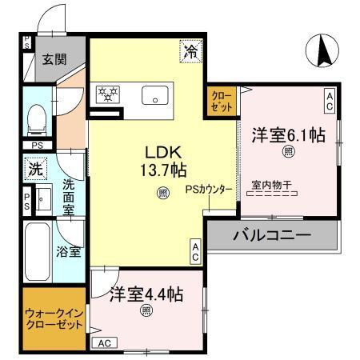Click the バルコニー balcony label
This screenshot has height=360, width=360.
pyautogui.click(x=271, y=236)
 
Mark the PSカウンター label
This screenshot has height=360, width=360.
pyautogui.click(x=209, y=190)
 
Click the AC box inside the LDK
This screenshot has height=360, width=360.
pyautogui.click(x=195, y=252)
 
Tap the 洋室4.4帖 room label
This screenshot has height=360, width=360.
pyautogui.click(x=146, y=294)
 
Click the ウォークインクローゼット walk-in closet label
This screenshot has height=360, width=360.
pyautogui.click(x=54, y=320)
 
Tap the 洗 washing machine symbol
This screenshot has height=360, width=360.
pyautogui.click(x=34, y=169)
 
